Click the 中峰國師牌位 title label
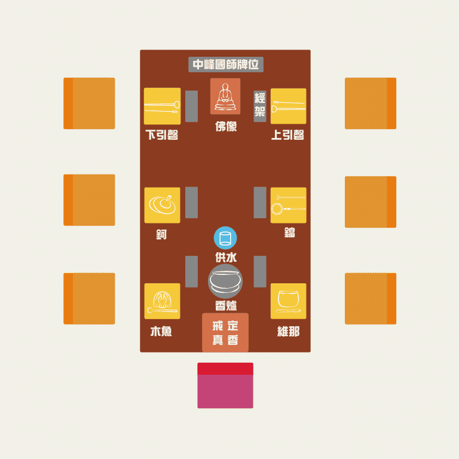coord(225,65)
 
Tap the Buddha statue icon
coord(225,96)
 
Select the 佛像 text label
coord(225,127)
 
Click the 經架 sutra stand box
coord(260,106)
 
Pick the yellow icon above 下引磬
coord(162,106)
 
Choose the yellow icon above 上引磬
coord(288,106)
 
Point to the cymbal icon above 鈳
coord(162,205)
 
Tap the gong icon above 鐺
coord(288,205)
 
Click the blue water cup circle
coord(225,238)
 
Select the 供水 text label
coord(225,257)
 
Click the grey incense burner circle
coord(225,281)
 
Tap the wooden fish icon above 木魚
coord(162,301)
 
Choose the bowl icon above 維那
coord(288,301)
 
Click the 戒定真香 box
coord(225,332)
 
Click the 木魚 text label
coord(161,331)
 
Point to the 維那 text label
coord(288,331)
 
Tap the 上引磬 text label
coord(288,135)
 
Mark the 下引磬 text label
coord(162,135)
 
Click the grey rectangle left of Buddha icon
coord(191,106)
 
